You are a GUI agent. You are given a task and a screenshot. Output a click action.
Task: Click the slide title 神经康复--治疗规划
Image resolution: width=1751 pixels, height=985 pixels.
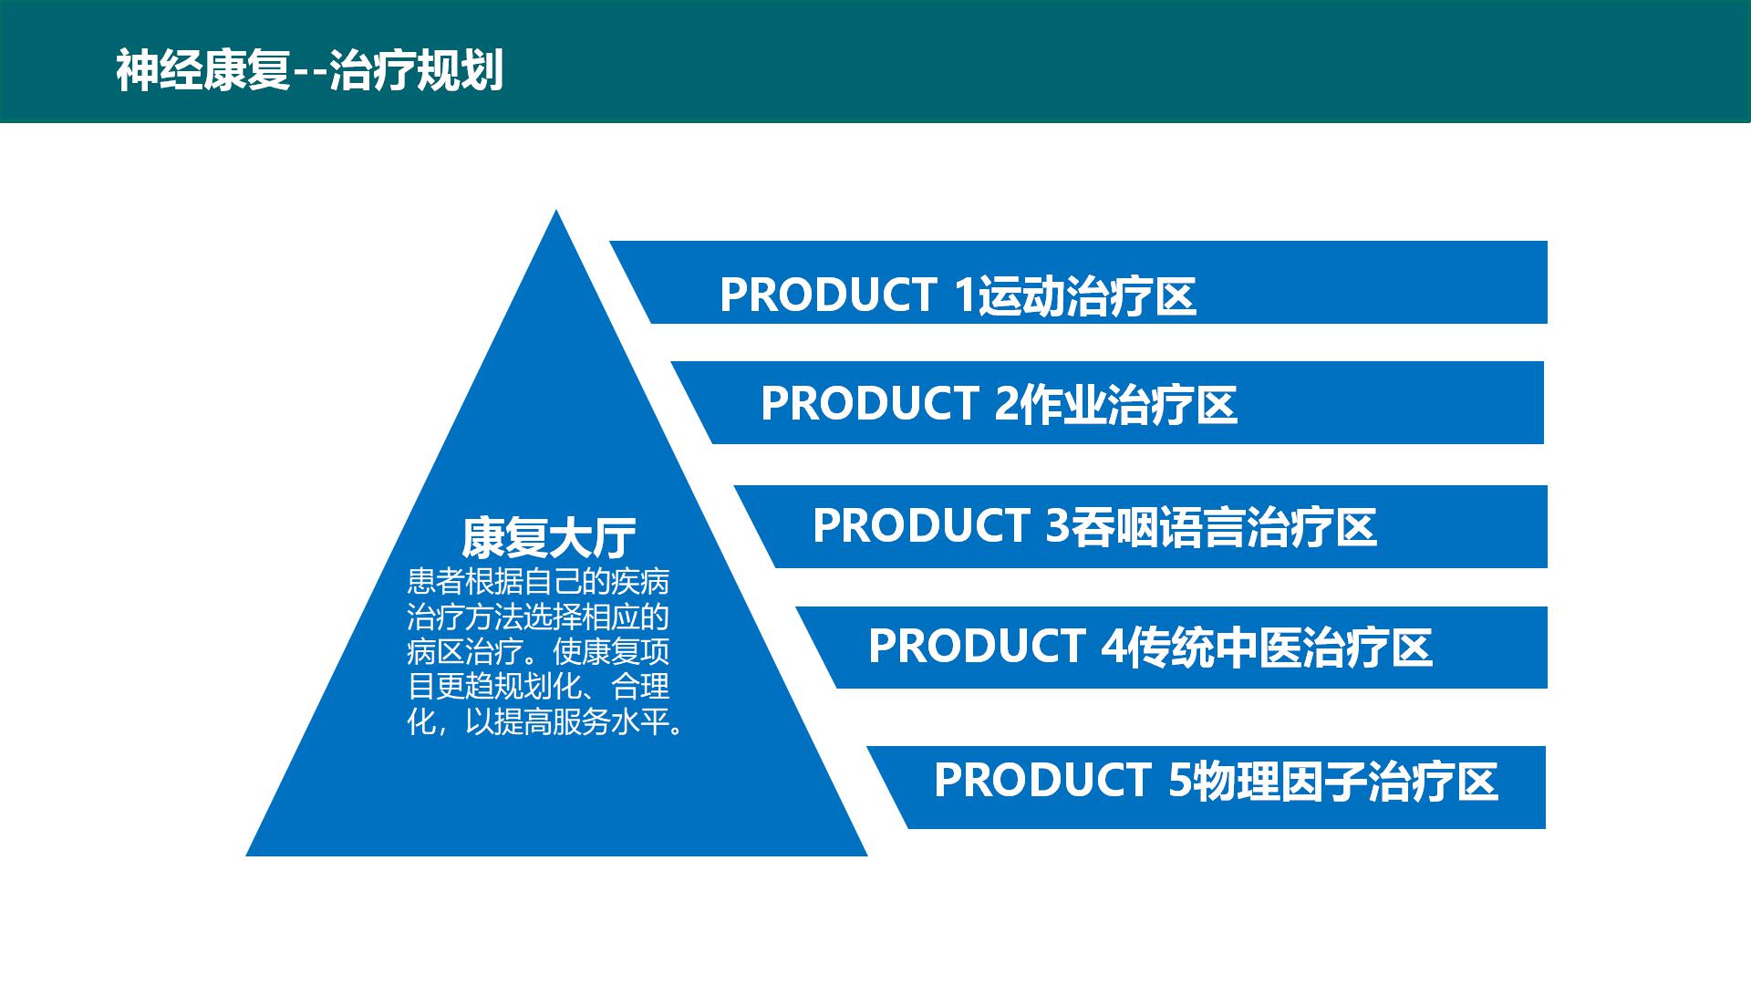coord(309,70)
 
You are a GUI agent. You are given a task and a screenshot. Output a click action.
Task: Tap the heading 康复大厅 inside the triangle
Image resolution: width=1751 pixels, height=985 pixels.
coord(549,537)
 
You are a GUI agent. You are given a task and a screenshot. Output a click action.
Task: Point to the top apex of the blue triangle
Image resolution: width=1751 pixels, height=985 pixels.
coord(556,210)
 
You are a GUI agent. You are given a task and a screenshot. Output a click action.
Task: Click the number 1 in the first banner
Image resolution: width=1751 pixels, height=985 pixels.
coord(964,295)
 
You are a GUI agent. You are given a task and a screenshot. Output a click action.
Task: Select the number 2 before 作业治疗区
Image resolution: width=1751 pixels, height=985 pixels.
coord(1006,403)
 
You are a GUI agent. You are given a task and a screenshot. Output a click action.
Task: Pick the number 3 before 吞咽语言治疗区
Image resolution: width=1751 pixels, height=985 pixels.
coord(1057,525)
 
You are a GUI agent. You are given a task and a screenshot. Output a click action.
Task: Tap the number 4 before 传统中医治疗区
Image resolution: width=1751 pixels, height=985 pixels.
coord(1114,647)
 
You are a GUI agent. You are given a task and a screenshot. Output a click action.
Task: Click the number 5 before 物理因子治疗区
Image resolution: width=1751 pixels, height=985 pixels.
coord(1180,780)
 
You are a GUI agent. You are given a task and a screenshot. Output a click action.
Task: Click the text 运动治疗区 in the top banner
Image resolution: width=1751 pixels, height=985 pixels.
coord(1086,296)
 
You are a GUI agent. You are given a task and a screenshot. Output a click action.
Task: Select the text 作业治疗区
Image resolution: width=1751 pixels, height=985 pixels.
coord(1128,405)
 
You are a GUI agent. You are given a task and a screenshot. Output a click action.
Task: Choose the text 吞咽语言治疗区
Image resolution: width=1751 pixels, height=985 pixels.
coord(1223,527)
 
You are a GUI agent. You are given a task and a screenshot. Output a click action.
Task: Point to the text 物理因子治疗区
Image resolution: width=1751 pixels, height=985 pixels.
coord(1346,782)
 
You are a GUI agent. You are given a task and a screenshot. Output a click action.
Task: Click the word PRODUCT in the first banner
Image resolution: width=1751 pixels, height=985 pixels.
coord(828,295)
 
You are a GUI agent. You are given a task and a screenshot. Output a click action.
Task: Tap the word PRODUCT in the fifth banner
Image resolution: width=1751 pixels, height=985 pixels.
coord(1042,780)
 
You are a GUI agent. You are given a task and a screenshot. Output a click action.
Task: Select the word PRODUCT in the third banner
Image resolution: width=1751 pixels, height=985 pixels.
coord(921,525)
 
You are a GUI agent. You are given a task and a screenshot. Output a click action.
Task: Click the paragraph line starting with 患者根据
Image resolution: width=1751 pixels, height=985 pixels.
coord(538,582)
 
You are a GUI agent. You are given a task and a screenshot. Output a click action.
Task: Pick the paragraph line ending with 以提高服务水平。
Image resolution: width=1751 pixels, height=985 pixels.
coord(545,722)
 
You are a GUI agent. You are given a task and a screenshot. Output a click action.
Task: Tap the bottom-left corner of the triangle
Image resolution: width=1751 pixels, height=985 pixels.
coord(246,855)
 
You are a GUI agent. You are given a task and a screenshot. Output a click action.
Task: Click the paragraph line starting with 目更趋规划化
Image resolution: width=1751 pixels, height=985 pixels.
coord(538,687)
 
